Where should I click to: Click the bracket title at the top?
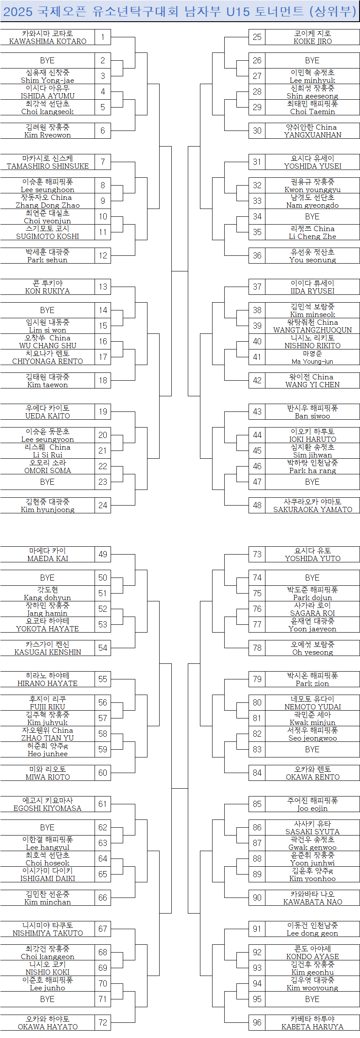[x=180, y=11]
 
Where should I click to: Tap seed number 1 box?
[x=103, y=37]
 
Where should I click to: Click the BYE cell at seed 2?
[x=47, y=60]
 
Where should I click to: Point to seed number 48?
[x=257, y=506]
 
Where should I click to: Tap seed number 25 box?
[x=257, y=37]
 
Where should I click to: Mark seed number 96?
[x=257, y=1023]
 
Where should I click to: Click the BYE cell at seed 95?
[x=312, y=999]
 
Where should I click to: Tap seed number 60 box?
[x=103, y=773]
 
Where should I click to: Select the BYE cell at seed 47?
[x=312, y=482]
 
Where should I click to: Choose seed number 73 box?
[x=257, y=555]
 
